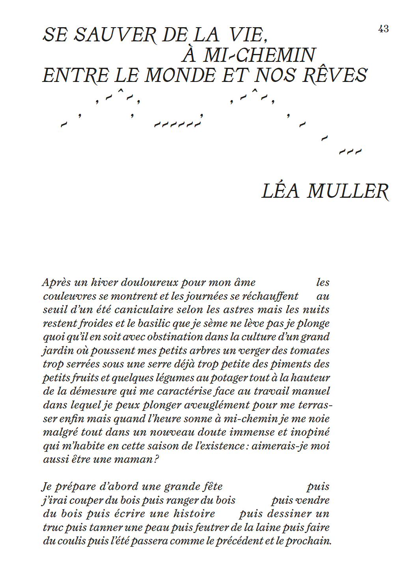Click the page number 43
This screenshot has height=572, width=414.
383,29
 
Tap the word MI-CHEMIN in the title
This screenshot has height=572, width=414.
259,55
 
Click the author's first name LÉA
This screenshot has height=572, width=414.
280,191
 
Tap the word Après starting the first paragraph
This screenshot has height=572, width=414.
56,283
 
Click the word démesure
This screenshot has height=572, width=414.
93,391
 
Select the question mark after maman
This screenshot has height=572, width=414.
157,459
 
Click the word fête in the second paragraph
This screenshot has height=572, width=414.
213,487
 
